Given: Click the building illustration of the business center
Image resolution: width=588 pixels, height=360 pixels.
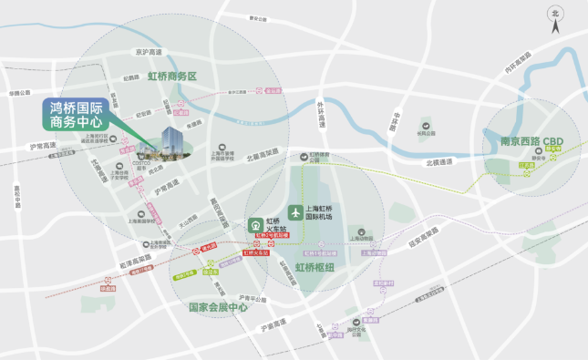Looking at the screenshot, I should (x=170, y=142).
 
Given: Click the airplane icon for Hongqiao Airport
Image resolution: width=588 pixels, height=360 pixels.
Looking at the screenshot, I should (x=294, y=211).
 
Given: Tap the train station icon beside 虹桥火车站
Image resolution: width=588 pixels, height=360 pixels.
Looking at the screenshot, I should (x=256, y=224).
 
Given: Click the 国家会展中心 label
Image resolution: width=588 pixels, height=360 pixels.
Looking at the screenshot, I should (x=218, y=307).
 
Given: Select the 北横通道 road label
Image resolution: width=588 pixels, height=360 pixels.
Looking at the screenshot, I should (x=438, y=163).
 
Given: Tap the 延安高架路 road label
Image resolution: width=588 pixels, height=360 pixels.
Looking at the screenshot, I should (x=426, y=242).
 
